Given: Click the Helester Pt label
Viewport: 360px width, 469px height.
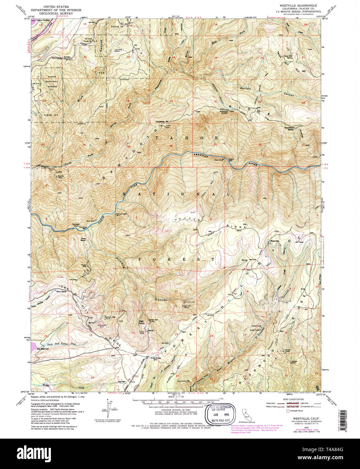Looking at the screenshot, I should (x=161, y=122).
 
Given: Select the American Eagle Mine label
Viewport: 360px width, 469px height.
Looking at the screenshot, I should (x=122, y=215).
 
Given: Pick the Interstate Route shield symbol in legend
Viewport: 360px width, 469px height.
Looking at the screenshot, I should (x=288, y=411).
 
